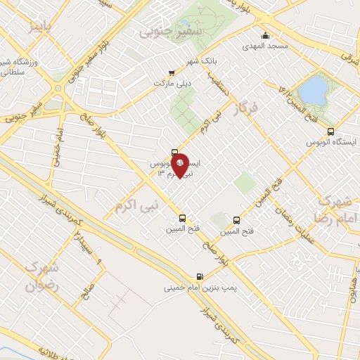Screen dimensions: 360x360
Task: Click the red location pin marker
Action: [x=181, y=165]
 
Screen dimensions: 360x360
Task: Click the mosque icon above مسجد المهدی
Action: [x=265, y=36]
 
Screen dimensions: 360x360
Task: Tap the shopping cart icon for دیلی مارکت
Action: [x=172, y=72]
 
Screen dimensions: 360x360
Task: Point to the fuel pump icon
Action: [x=200, y=276]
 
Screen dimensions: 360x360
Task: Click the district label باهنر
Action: [x=40, y=27]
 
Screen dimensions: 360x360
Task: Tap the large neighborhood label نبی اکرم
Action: [x=138, y=205]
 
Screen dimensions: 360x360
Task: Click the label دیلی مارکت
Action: [x=154, y=82]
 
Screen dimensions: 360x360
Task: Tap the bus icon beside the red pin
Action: [x=175, y=153]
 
